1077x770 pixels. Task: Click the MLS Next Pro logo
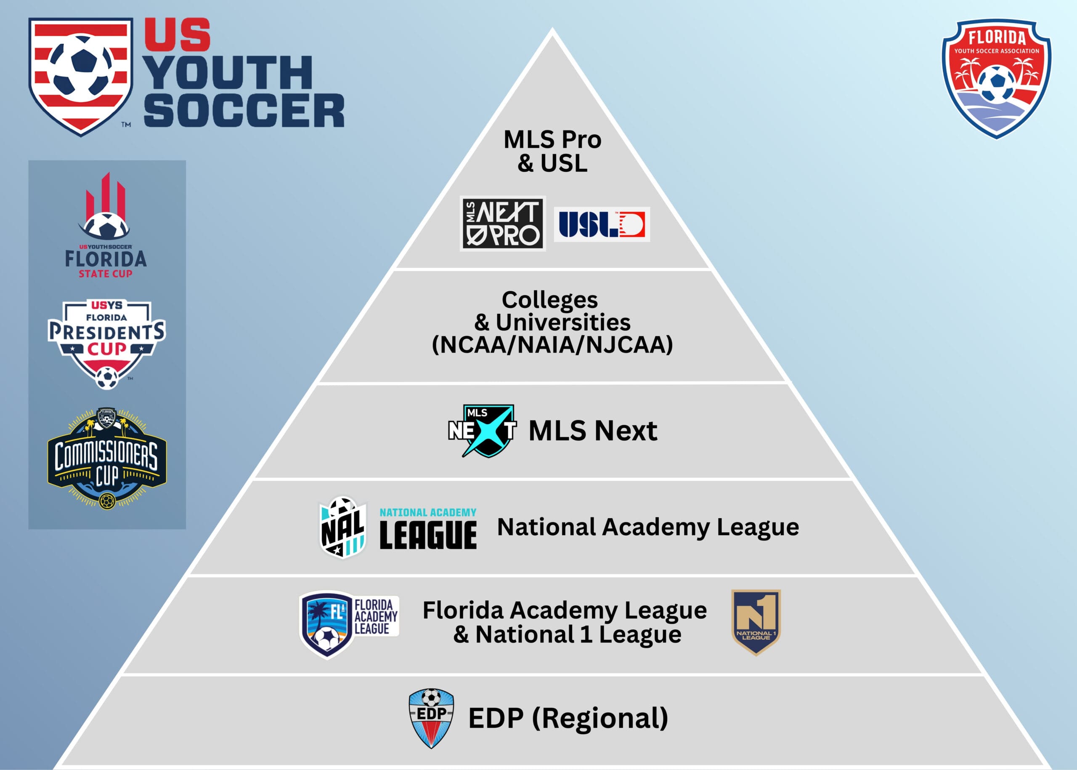pyautogui.click(x=503, y=223)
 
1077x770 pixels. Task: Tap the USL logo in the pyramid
pyautogui.click(x=602, y=224)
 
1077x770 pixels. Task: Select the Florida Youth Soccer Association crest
pyautogui.click(x=997, y=79)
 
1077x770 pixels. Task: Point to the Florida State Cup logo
pyautogui.click(x=106, y=225)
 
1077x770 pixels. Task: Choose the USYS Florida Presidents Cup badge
pyautogui.click(x=106, y=344)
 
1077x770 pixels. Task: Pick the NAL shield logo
pyautogui.click(x=342, y=527)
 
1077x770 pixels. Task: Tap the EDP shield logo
pyautogui.click(x=431, y=718)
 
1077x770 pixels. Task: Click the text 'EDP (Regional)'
pyautogui.click(x=568, y=718)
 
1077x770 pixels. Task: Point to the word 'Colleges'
pyautogui.click(x=549, y=300)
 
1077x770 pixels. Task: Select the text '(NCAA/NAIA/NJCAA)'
pyautogui.click(x=552, y=345)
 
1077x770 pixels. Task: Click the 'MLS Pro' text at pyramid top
pyautogui.click(x=552, y=139)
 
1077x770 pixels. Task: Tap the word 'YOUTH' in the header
pyautogui.click(x=228, y=72)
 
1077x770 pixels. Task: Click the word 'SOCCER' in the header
pyautogui.click(x=244, y=110)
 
